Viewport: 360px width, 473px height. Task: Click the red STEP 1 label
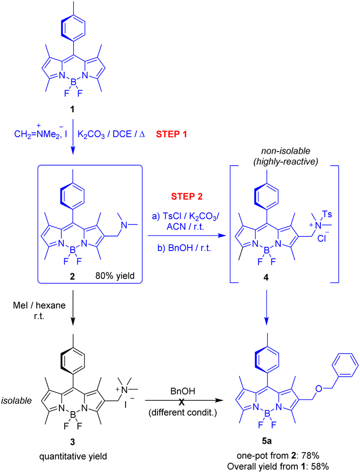(171, 134)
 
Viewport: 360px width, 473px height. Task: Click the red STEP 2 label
(187, 196)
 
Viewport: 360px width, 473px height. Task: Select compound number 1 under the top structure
(72, 109)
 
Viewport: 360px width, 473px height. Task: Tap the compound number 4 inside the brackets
(266, 277)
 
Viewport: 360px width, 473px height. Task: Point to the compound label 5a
(267, 441)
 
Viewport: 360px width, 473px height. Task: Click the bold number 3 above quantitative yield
(72, 442)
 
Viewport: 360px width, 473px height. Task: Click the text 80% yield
(115, 276)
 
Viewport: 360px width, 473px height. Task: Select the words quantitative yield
(73, 456)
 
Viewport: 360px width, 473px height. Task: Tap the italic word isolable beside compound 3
(17, 401)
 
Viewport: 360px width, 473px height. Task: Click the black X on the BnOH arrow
(182, 402)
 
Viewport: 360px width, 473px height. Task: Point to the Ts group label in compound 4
(327, 214)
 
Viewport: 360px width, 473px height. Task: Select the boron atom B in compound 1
(73, 82)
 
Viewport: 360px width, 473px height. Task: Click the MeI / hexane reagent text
(39, 305)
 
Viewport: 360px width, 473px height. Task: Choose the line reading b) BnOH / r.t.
(184, 248)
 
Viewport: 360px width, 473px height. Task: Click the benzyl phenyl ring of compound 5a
(345, 365)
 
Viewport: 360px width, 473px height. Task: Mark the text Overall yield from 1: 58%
(278, 466)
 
